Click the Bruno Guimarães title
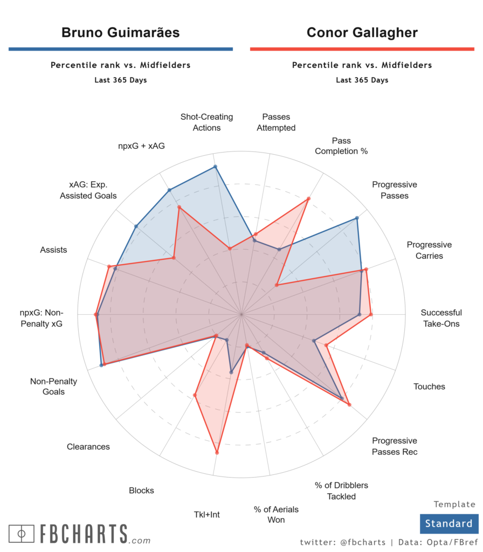pos(120,32)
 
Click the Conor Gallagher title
pos(362,32)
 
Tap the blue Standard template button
pos(448,523)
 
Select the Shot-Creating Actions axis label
pos(207,122)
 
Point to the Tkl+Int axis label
pos(206,514)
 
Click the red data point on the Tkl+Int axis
pos(217,453)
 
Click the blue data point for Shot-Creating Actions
pos(215,167)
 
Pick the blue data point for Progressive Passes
pos(357,218)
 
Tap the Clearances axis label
pos(88,446)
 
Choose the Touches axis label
pos(429,387)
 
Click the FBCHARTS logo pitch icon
pos(22,534)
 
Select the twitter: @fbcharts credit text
pos(342,542)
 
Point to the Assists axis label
pos(53,250)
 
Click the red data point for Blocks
pos(195,396)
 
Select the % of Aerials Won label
pos(276,514)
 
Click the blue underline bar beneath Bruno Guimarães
pos(120,49)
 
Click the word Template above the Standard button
pos(454,505)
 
